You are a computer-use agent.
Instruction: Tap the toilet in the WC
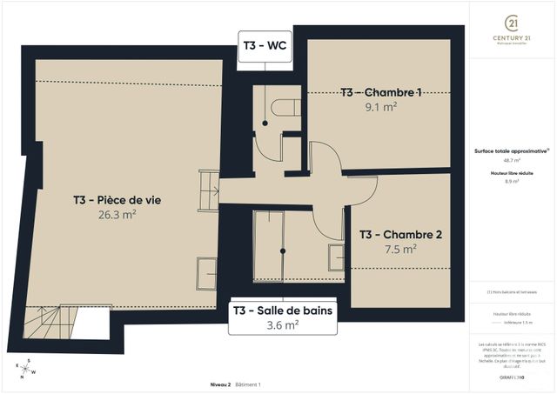point(283,110)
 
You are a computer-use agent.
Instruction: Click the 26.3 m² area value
point(117,215)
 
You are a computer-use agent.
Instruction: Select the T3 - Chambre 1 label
point(381,92)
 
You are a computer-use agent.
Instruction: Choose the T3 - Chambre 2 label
point(401,234)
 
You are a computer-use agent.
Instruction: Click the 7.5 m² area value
point(401,248)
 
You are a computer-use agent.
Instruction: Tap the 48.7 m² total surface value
point(510,161)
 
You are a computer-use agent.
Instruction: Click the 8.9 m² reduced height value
point(510,182)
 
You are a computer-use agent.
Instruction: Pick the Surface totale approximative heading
point(510,150)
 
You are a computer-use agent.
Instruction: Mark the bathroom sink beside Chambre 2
point(335,257)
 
